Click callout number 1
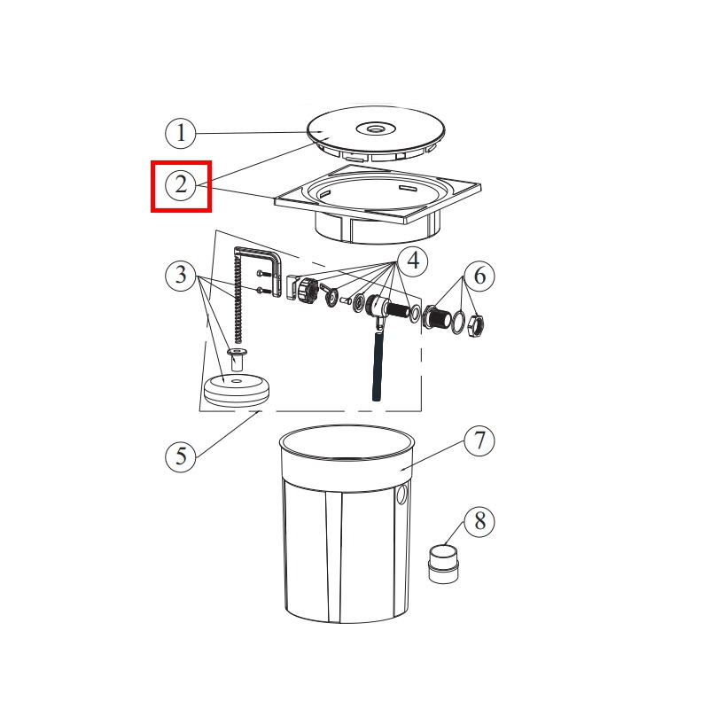(x=181, y=133)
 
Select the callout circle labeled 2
(x=181, y=185)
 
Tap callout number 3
(x=181, y=275)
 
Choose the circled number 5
(x=181, y=456)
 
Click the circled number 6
(x=479, y=276)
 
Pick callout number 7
(x=479, y=440)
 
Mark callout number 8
(x=479, y=521)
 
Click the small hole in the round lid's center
(x=375, y=129)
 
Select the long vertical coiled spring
(x=237, y=298)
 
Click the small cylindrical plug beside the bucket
(x=443, y=564)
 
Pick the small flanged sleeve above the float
(x=237, y=360)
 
